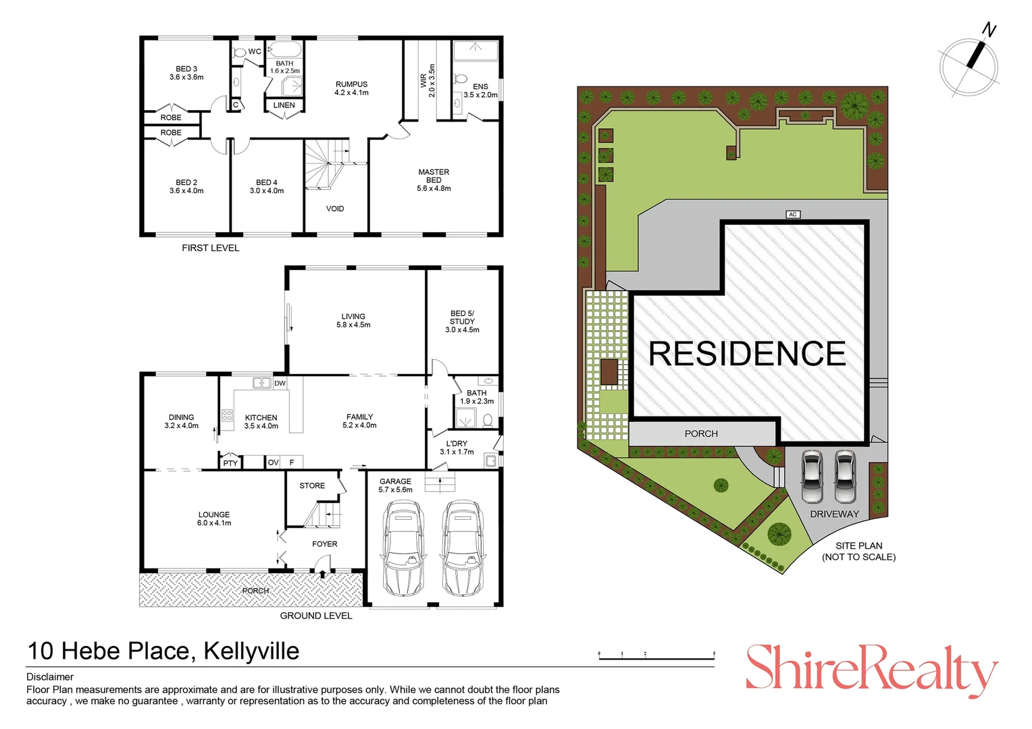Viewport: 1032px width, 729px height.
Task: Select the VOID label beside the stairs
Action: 335,209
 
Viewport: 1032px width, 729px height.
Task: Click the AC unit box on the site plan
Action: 793,215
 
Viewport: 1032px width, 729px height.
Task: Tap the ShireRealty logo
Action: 871,668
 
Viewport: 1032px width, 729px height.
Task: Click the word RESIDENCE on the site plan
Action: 747,354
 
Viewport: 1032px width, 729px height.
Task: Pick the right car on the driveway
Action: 845,476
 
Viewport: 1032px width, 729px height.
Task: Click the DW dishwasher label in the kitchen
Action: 280,383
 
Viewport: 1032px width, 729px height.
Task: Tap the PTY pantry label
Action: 230,463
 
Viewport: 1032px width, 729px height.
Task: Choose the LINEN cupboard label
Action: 284,105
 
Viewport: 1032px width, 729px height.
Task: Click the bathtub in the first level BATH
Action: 285,50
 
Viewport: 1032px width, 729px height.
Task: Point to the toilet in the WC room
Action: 239,52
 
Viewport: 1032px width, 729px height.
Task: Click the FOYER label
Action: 325,544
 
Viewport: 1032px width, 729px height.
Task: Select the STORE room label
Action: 312,485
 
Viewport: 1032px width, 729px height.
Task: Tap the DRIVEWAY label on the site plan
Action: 834,514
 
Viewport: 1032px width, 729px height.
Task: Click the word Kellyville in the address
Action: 251,651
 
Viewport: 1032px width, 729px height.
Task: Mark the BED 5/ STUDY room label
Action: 462,321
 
